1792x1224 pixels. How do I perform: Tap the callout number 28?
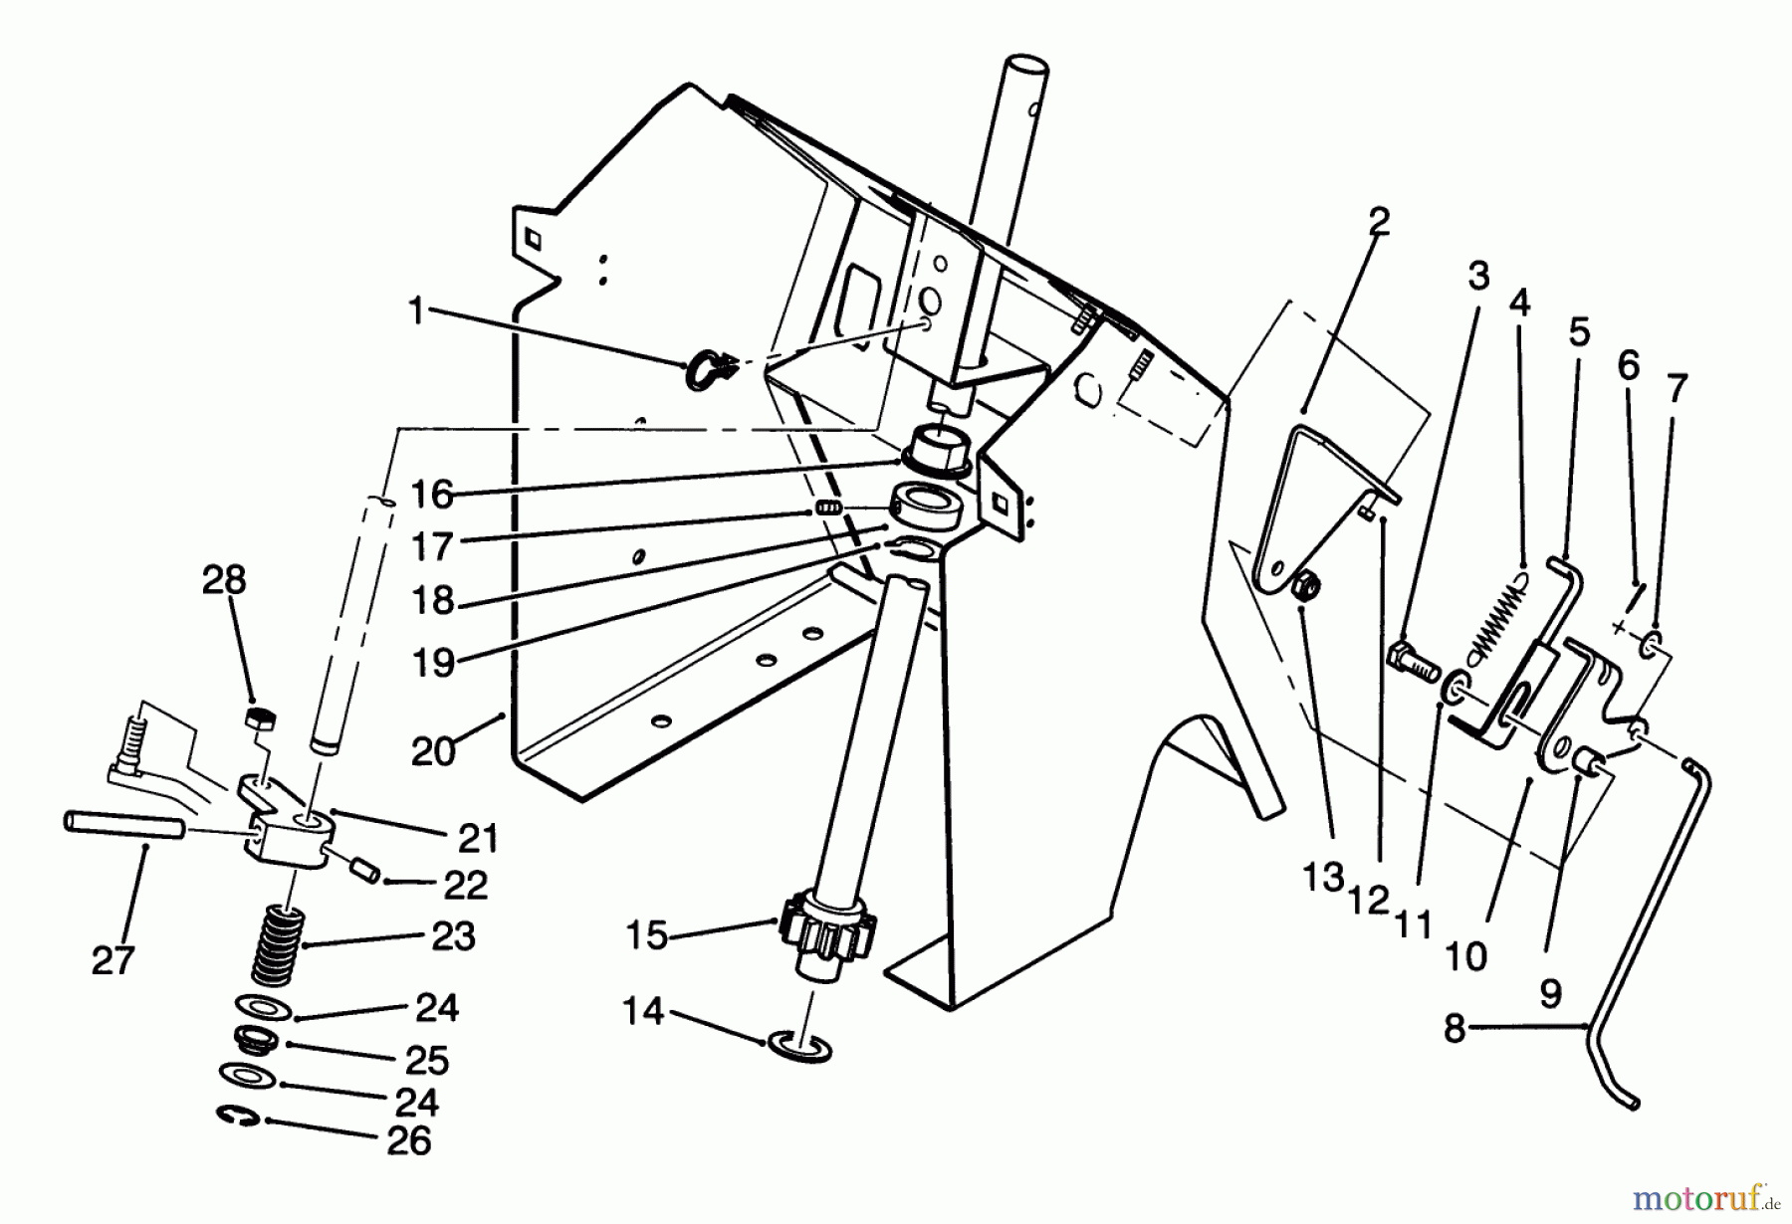(224, 580)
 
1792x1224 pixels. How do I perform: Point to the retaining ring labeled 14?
(799, 1047)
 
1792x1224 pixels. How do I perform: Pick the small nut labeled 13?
(1307, 590)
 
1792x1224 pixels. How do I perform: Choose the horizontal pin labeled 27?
(123, 825)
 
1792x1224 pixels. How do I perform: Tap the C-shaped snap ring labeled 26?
(238, 1119)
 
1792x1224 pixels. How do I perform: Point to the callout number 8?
(1456, 1028)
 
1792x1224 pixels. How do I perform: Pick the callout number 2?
(1378, 222)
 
